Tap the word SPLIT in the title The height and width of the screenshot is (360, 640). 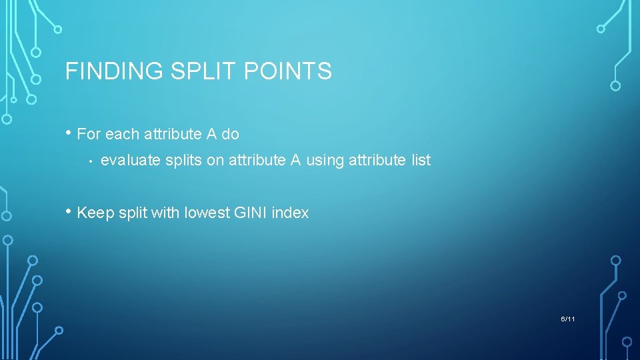click(x=193, y=71)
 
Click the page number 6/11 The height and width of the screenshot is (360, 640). click(x=568, y=319)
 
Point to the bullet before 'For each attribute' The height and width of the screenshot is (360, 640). click(x=69, y=133)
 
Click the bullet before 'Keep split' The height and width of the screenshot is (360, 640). click(x=69, y=213)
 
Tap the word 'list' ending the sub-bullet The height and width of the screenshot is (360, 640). click(x=420, y=161)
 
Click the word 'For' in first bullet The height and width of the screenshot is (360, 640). click(x=89, y=134)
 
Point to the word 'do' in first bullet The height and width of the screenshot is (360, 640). click(x=231, y=134)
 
